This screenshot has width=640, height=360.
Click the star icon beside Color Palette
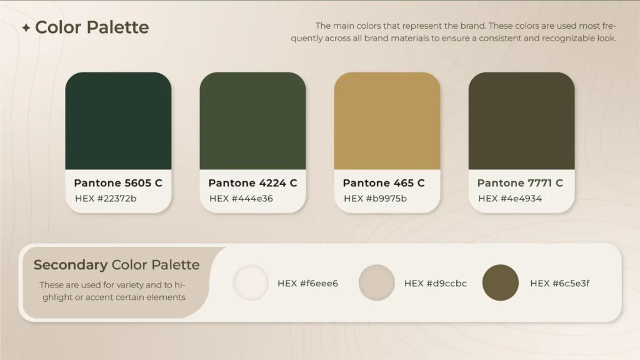(26, 27)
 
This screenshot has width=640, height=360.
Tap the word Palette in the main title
(117, 27)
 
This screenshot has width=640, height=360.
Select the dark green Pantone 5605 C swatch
(118, 121)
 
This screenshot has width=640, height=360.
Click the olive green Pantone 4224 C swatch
(252, 121)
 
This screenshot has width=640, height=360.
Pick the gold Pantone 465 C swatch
(387, 121)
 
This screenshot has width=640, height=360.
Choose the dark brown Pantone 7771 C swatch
(522, 121)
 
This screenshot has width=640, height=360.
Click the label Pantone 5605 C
(118, 183)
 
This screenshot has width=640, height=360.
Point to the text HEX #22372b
(106, 198)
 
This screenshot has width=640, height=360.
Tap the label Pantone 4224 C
(252, 183)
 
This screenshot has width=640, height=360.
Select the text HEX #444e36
(241, 198)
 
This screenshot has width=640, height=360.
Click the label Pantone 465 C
(384, 183)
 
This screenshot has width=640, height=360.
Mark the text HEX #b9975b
(375, 198)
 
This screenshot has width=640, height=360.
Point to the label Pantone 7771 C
(520, 183)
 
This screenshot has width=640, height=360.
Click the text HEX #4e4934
(510, 198)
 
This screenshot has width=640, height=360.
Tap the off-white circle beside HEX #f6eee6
(251, 283)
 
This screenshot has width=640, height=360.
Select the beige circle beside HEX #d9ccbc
(377, 283)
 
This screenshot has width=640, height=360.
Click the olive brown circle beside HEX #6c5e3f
(501, 283)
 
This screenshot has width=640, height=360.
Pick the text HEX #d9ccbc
(436, 283)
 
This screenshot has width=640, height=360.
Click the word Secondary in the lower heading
(71, 265)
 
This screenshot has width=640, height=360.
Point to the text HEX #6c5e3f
(559, 283)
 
